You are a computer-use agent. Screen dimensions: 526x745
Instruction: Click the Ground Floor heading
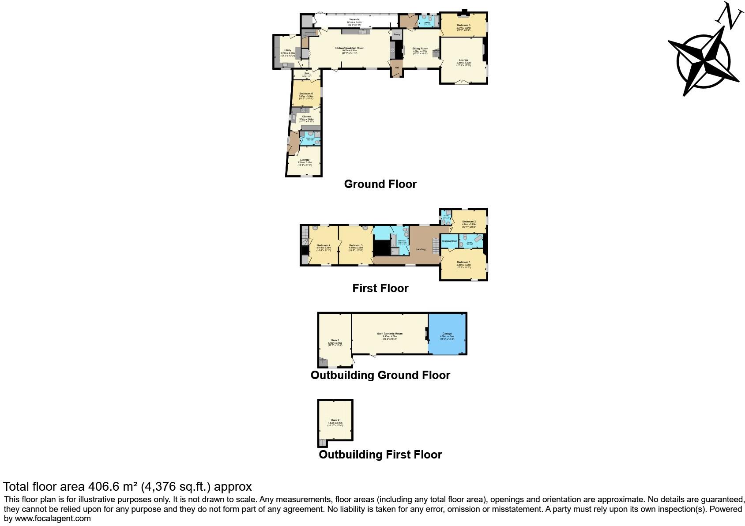click(x=380, y=184)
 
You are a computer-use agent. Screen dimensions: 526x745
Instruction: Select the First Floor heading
click(x=380, y=288)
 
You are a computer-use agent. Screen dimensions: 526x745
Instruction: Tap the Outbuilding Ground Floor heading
click(x=380, y=375)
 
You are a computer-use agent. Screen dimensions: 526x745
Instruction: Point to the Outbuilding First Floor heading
click(x=380, y=455)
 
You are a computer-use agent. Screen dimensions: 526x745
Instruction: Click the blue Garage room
click(x=447, y=334)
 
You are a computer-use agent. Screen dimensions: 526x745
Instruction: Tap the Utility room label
click(x=287, y=50)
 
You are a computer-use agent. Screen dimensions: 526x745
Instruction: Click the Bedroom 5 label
click(x=463, y=25)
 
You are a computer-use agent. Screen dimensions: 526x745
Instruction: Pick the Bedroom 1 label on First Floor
click(x=463, y=262)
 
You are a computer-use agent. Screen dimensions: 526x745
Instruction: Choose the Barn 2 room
click(x=335, y=420)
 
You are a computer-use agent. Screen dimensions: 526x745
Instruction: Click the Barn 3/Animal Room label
click(x=390, y=334)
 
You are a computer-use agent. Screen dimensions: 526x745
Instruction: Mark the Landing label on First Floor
click(x=421, y=249)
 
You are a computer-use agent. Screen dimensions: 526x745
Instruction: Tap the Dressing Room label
click(x=449, y=241)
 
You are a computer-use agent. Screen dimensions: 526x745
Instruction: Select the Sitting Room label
click(x=420, y=49)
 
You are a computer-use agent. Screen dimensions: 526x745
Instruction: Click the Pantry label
click(x=396, y=34)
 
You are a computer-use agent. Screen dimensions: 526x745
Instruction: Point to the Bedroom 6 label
click(x=306, y=94)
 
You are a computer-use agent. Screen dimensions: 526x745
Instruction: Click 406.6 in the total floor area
click(x=104, y=486)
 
